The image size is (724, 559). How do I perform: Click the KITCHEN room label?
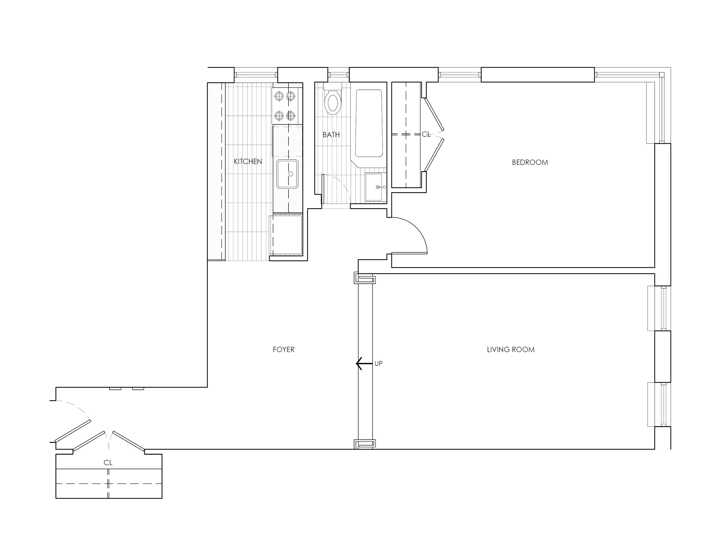[x=248, y=162]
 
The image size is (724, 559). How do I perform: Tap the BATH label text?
[x=331, y=135]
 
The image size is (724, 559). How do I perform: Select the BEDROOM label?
[x=530, y=162]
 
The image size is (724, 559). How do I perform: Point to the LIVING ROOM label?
[x=511, y=350]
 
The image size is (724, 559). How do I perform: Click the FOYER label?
[x=283, y=350]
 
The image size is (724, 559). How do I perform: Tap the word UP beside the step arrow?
[x=378, y=364]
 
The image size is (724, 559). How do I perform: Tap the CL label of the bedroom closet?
[x=426, y=134]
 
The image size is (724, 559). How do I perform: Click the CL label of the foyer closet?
[x=108, y=463]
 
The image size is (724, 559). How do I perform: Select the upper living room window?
[x=659, y=308]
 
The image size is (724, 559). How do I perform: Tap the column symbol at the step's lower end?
[x=365, y=444]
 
